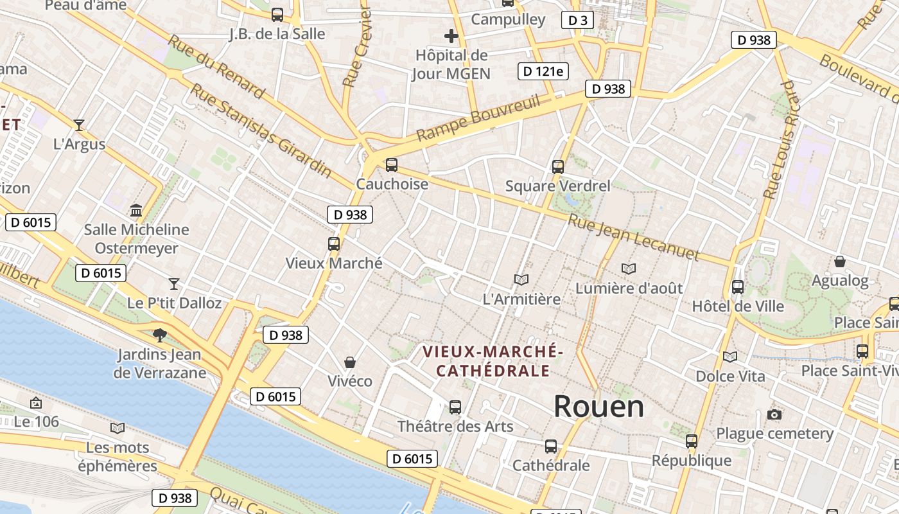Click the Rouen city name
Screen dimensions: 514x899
(598, 406)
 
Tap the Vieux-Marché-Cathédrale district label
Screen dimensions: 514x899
(493, 361)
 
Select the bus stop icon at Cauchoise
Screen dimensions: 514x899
(392, 165)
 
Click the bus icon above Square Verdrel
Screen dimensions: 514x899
(558, 167)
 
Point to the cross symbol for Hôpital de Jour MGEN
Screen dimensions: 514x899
(451, 36)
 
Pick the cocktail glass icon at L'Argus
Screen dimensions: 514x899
(79, 125)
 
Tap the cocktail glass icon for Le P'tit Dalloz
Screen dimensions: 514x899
(173, 283)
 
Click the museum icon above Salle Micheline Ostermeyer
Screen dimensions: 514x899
(136, 210)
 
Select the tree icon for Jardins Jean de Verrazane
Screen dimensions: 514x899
(159, 335)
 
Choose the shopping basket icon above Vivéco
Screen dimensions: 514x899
(350, 362)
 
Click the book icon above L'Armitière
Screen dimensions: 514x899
(521, 279)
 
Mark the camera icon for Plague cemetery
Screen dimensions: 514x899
(774, 414)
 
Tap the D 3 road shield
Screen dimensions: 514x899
(577, 21)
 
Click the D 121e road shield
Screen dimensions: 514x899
(543, 71)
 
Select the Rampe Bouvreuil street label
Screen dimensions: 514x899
(478, 118)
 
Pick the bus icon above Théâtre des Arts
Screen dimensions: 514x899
(455, 407)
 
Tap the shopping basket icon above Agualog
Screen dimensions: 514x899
(839, 261)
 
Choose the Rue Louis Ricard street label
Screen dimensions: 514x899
(781, 140)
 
